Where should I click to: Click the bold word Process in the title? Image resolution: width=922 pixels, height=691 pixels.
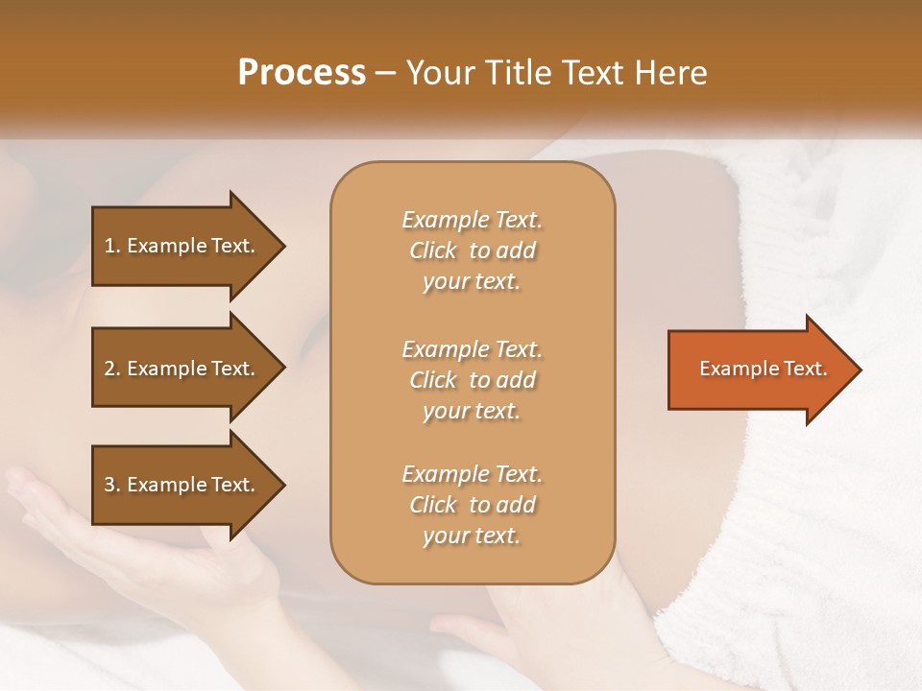pos(302,73)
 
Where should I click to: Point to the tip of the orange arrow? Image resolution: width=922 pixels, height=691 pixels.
pos(858,369)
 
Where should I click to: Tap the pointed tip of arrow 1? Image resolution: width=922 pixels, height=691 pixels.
pos(281,246)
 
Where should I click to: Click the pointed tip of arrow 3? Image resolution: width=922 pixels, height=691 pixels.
pos(281,485)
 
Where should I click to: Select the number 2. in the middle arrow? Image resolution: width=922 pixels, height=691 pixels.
pos(112,369)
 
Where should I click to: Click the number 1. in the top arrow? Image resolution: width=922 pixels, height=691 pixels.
pos(112,246)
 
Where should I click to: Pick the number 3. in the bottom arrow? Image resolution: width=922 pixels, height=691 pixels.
pos(112,485)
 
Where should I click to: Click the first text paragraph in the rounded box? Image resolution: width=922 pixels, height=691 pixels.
pos(472,250)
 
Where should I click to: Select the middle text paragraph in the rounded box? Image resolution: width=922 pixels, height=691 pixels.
pos(472,380)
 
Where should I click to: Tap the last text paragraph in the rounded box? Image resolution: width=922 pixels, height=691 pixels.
pos(472,505)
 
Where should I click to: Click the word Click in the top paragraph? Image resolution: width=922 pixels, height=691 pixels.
pos(433,250)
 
